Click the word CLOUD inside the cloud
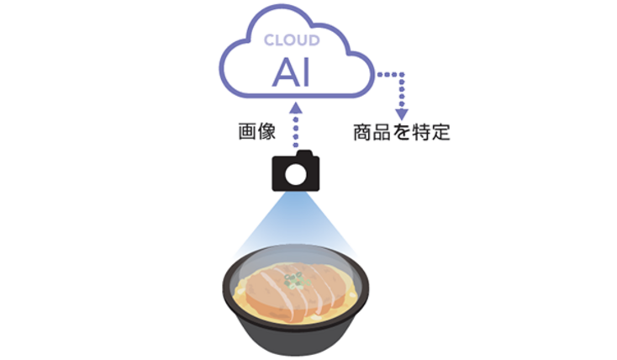coord(292,40)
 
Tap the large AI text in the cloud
coord(292,73)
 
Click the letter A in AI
coord(287,73)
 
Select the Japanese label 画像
coord(257,131)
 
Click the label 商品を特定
coord(401,132)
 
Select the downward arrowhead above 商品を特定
coord(401,114)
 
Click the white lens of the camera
coord(296,174)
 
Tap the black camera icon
coord(296,171)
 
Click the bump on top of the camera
coord(304,153)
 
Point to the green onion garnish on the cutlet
coord(296,280)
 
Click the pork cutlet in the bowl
coord(294,289)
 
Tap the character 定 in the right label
coord(440,132)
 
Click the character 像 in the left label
coord(266,131)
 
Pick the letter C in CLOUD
coord(269,40)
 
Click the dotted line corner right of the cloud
coord(401,74)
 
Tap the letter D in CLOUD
coord(314,40)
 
